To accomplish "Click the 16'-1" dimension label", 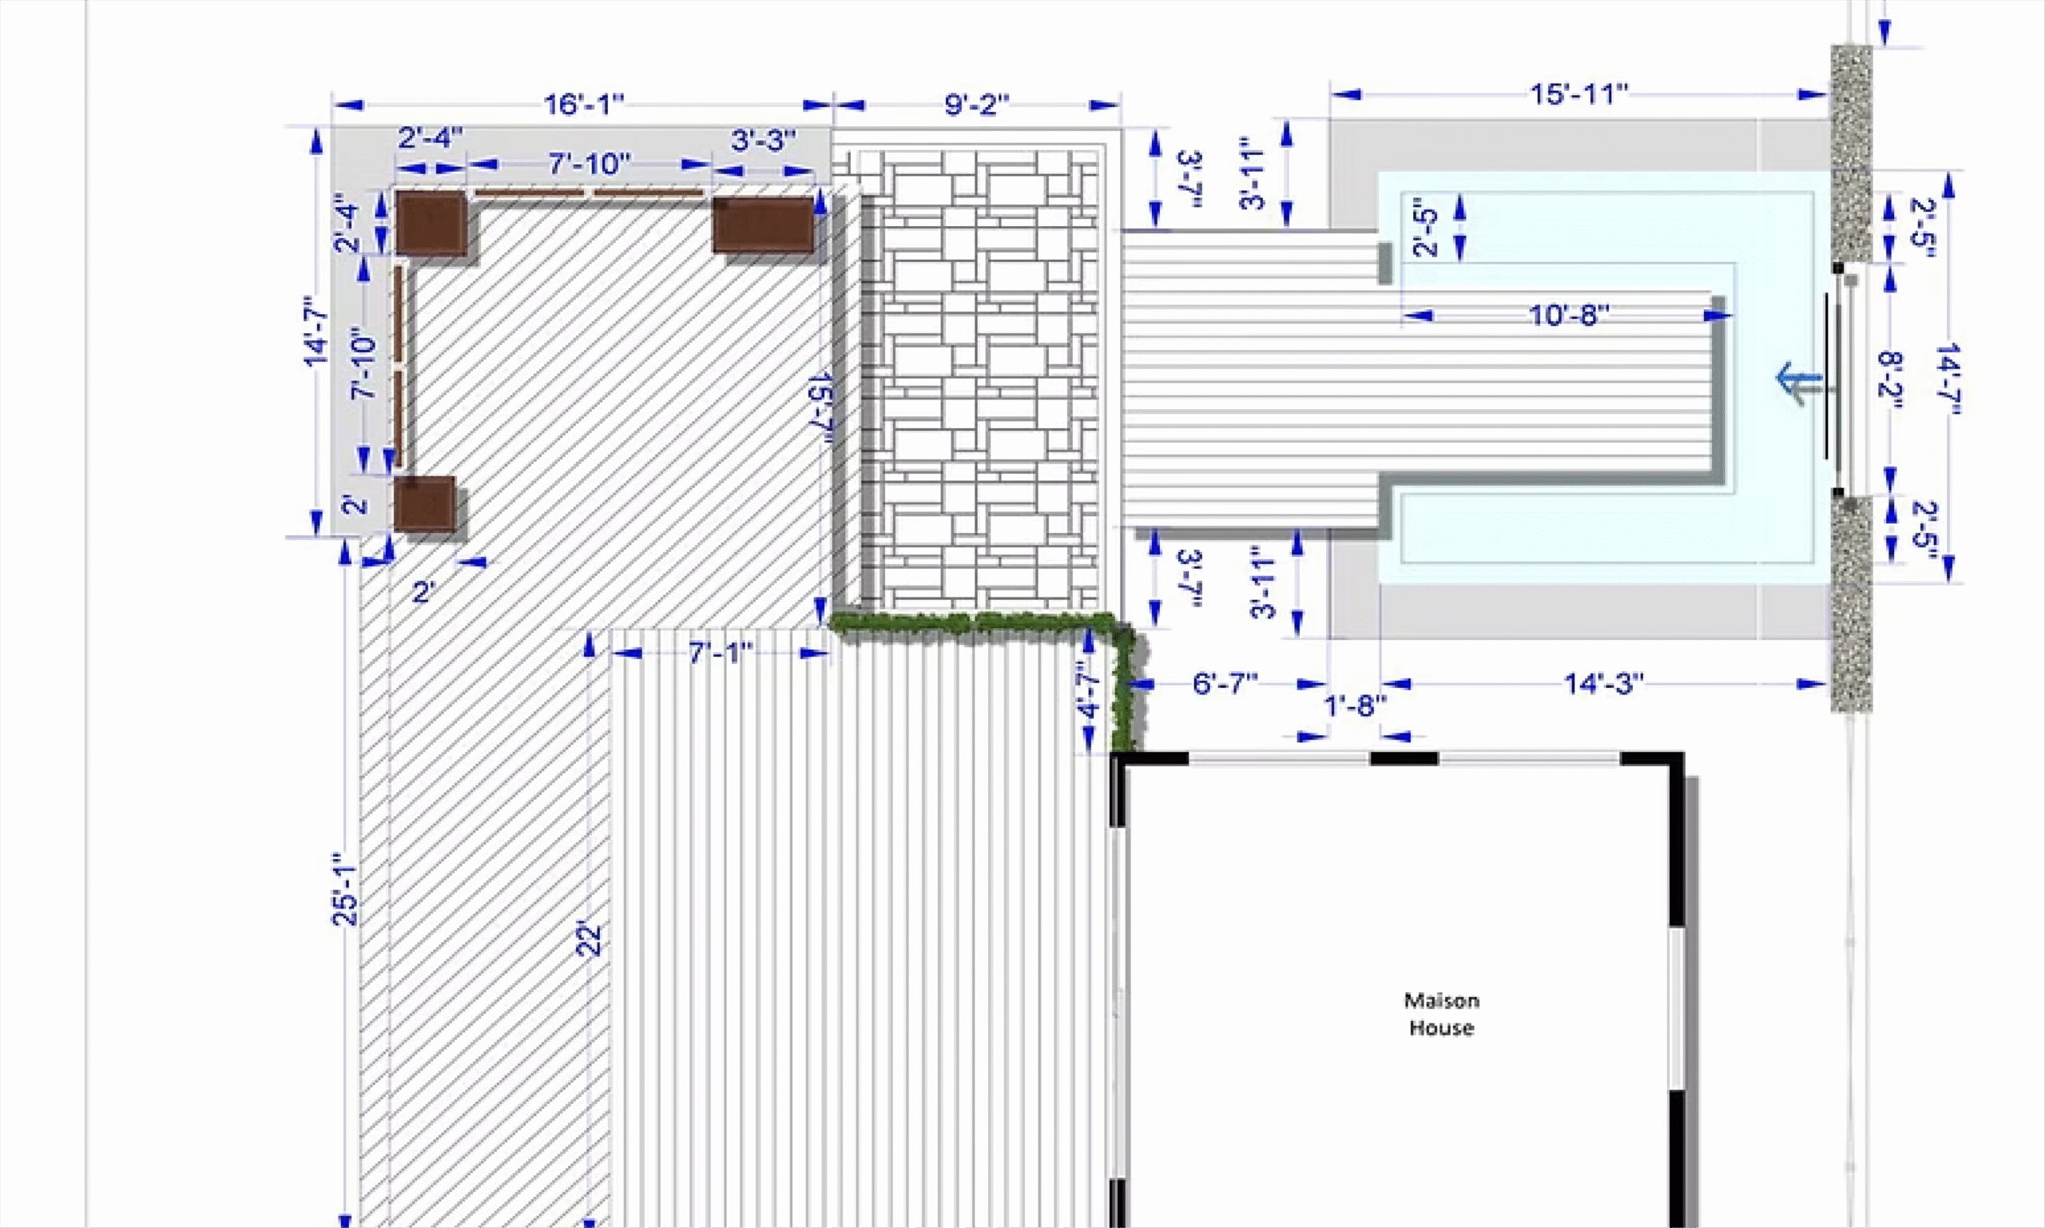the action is pos(583,105).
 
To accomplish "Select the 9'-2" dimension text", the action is pos(977,105).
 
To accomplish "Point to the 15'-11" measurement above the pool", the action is pos(1578,94).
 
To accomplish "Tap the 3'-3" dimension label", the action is pos(764,140).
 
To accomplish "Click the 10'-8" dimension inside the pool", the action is pos(1568,316).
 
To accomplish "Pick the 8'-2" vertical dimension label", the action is pos(1890,386).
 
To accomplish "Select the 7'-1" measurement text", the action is pos(721,653).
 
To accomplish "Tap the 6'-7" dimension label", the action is pos(1225,684).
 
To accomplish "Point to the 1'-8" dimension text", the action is pos(1355,706).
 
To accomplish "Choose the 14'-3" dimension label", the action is pos(1603,684).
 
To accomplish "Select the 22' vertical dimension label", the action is pos(589,938).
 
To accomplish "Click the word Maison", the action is pos(1441,1000).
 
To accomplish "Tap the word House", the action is pos(1441,1027).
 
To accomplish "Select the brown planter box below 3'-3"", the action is pos(763,225).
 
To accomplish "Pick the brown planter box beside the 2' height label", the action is pos(424,503).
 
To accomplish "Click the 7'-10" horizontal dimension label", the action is pos(589,164).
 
